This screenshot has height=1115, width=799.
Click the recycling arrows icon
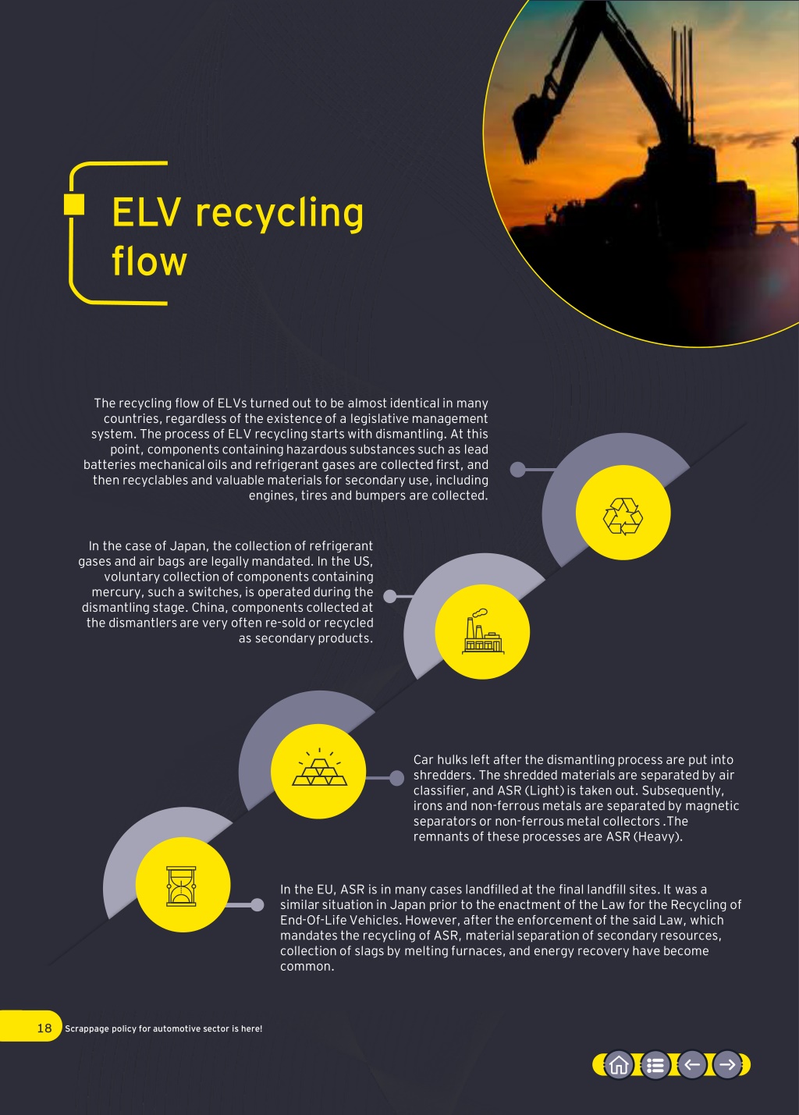[623, 517]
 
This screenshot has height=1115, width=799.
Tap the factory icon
[482, 631]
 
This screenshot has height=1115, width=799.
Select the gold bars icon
[319, 767]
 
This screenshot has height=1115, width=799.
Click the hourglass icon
[181, 886]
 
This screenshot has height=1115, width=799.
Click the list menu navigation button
[655, 1065]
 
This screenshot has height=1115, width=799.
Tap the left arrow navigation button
[692, 1065]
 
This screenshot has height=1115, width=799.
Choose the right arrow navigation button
[727, 1065]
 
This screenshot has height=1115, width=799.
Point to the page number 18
[44, 1028]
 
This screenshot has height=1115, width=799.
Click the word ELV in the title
[146, 212]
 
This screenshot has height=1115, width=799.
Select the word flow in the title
[149, 260]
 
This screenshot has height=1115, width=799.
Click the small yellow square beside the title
[74, 204]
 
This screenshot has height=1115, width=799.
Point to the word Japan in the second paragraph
[188, 546]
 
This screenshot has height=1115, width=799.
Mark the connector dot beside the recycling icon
[518, 470]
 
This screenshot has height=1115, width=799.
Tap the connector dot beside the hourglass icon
[257, 904]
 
